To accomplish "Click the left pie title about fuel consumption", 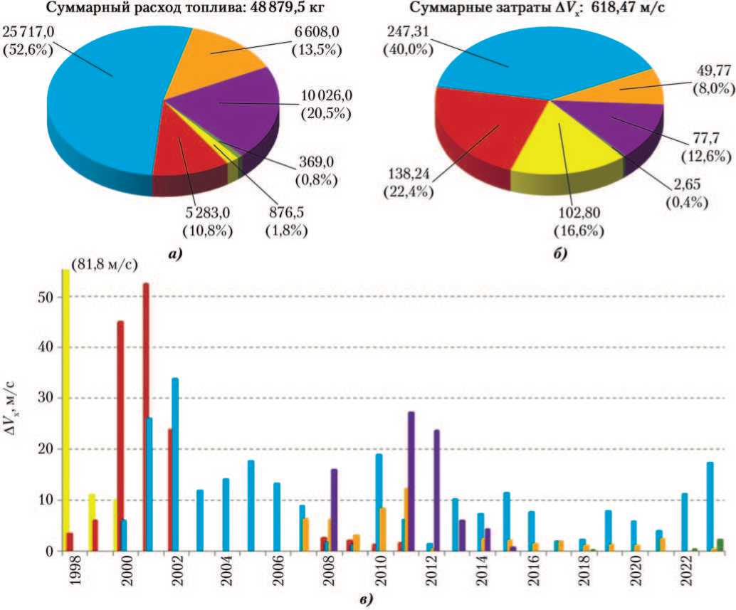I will click(181, 9).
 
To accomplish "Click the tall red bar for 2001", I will click(146, 416).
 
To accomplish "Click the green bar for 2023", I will click(720, 545).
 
